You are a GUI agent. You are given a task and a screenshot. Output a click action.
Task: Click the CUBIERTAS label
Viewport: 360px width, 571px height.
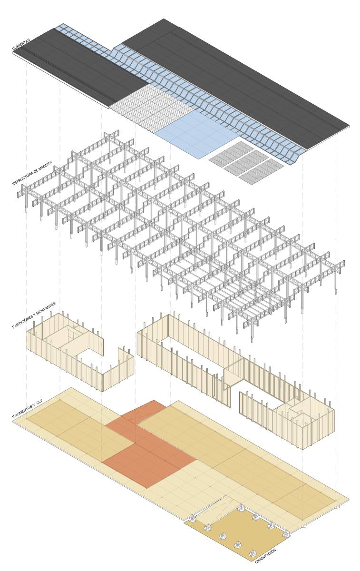(21, 44)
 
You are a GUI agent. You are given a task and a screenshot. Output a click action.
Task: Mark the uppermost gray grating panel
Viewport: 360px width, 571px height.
(231, 151)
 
